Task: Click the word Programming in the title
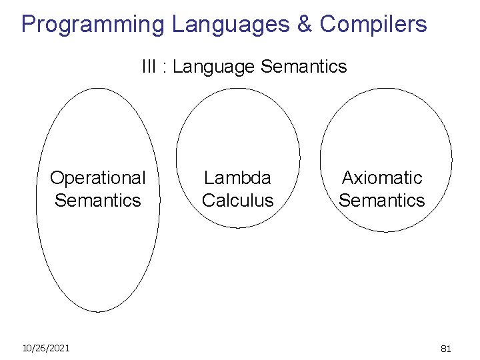[92, 25]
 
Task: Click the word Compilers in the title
[373, 25]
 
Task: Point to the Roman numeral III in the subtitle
[147, 67]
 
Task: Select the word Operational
[97, 178]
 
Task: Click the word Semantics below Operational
[98, 200]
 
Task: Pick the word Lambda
[237, 178]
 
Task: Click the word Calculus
[237, 200]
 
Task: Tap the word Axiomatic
[382, 178]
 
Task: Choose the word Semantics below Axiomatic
[382, 200]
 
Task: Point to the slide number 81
[446, 348]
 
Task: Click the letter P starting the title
[29, 25]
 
